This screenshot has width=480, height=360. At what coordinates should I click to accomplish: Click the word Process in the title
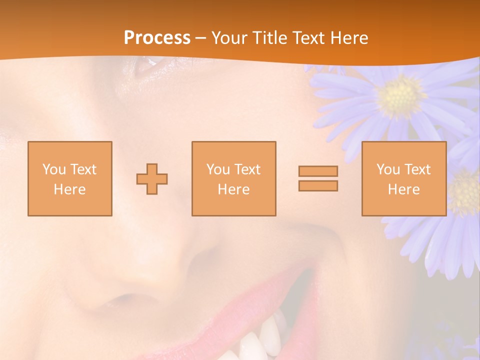[x=157, y=38]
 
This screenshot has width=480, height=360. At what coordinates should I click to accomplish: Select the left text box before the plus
[x=70, y=178]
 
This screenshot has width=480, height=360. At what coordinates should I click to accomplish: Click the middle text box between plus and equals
[x=233, y=178]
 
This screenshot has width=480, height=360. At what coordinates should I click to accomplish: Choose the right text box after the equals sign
[x=403, y=178]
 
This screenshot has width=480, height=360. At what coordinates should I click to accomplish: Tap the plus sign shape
[x=152, y=178]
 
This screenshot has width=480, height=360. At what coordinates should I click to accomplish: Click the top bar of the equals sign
[x=318, y=171]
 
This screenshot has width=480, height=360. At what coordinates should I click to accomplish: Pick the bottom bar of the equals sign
[x=318, y=185]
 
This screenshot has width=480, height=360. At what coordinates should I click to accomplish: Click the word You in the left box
[x=54, y=169]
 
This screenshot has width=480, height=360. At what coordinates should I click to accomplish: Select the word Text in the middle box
[x=247, y=169]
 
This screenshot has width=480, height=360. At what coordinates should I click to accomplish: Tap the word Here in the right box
[x=403, y=189]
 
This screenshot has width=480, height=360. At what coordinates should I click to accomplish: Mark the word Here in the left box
[x=70, y=189]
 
